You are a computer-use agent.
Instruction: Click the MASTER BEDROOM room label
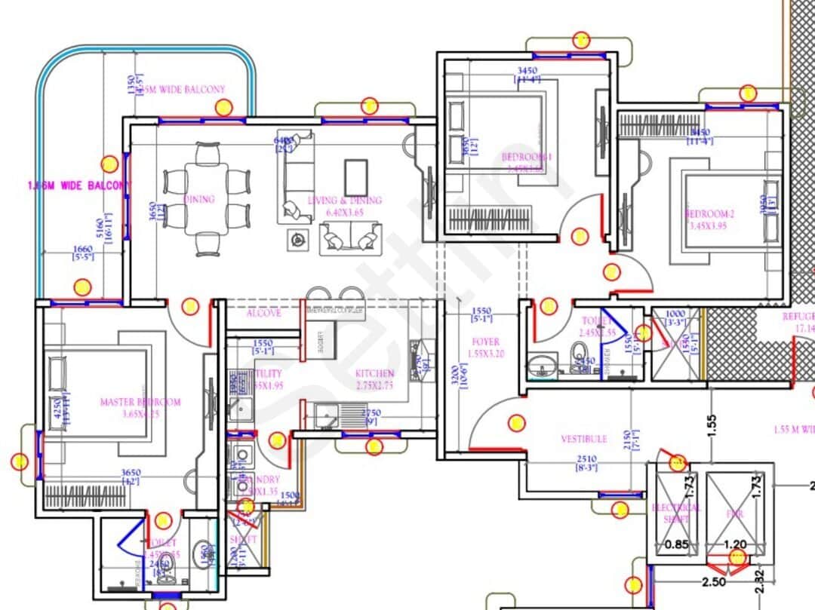(x=140, y=402)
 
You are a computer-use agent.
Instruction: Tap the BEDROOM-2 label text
(x=709, y=213)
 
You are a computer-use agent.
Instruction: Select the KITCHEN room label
(x=374, y=373)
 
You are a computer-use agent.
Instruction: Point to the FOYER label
(x=485, y=342)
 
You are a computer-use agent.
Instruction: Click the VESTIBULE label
(x=583, y=439)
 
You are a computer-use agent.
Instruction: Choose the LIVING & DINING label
(x=355, y=201)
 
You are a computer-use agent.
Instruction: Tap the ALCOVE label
(x=263, y=314)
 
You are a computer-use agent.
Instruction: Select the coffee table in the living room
(x=355, y=178)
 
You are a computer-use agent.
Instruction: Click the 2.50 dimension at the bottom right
(x=714, y=582)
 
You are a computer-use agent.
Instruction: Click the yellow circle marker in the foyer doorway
(x=516, y=423)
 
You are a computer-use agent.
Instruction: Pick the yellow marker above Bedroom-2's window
(x=748, y=93)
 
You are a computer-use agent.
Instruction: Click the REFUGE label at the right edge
(x=798, y=317)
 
